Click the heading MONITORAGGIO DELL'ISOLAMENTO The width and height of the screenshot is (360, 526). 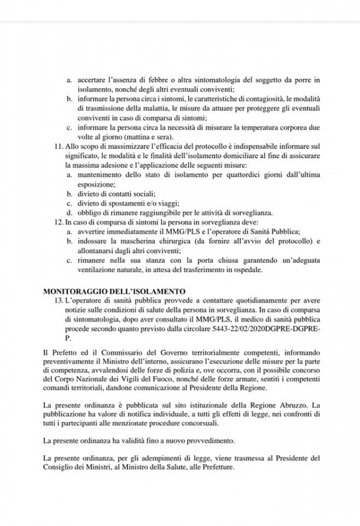pyautogui.click(x=114, y=290)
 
